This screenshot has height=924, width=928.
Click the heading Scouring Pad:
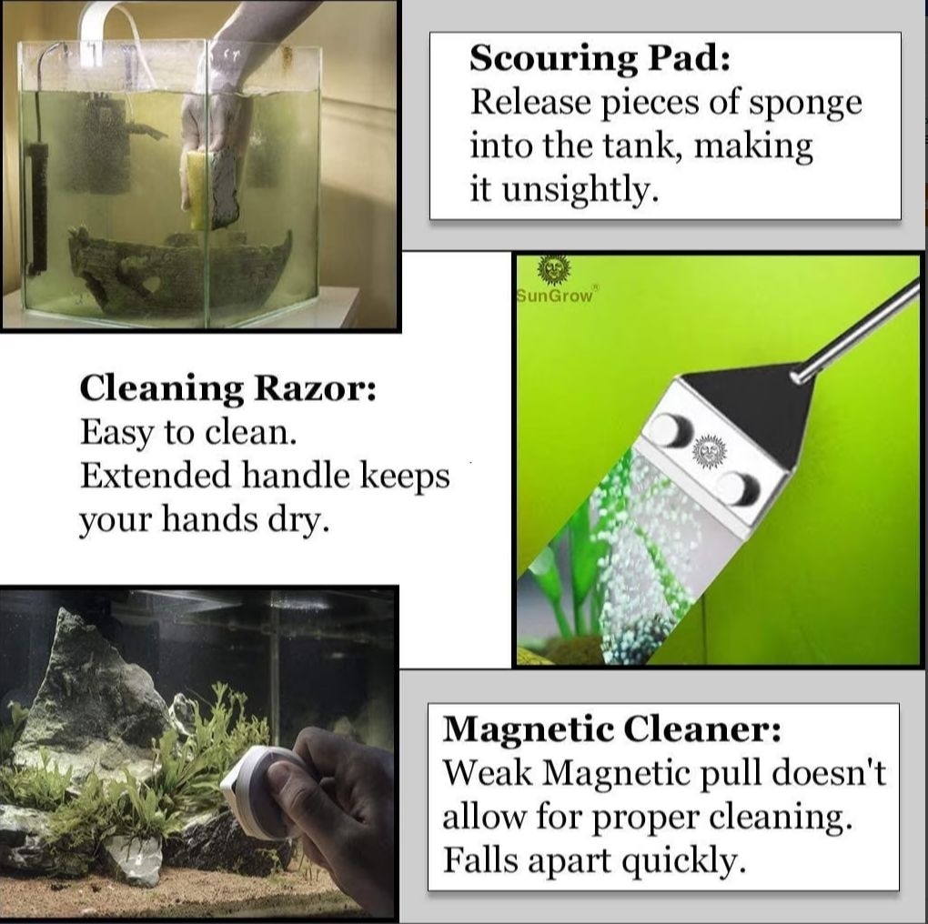(600, 59)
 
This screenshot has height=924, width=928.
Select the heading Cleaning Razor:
(227, 388)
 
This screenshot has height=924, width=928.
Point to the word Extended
(155, 475)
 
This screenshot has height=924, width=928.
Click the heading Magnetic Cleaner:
(612, 728)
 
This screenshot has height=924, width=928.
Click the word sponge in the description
(805, 103)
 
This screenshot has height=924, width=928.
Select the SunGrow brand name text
(554, 296)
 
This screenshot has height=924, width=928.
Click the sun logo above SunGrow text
(554, 270)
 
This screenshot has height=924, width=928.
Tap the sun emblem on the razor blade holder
(707, 452)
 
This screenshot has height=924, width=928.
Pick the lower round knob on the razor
(737, 488)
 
